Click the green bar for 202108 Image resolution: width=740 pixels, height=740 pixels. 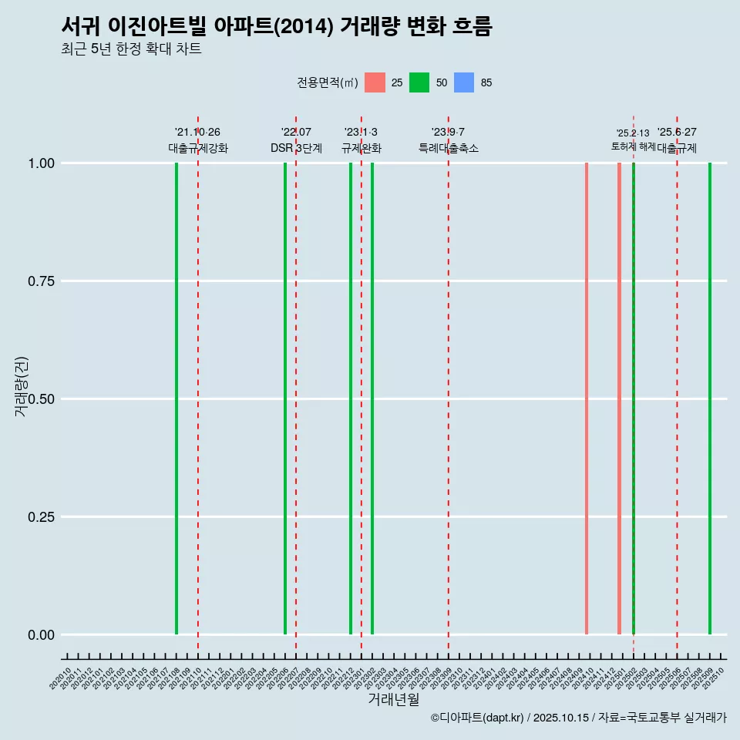[x=177, y=399]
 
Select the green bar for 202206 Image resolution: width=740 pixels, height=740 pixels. [x=285, y=399]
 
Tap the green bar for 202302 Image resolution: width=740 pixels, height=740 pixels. [x=372, y=399]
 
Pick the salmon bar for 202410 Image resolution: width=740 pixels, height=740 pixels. [x=587, y=399]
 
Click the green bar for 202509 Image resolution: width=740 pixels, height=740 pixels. [x=710, y=399]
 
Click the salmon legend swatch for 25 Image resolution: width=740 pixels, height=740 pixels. [x=375, y=82]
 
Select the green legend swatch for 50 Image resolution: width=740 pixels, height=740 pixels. [x=419, y=82]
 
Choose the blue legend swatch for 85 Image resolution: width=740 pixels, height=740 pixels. [x=464, y=82]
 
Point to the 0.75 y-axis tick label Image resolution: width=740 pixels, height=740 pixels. [x=40, y=281]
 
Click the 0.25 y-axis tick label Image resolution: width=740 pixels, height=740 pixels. [x=40, y=517]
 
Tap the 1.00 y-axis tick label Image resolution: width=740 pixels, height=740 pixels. [x=40, y=163]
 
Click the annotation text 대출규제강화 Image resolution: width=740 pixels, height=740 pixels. [x=198, y=148]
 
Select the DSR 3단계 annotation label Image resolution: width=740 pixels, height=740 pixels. [x=296, y=148]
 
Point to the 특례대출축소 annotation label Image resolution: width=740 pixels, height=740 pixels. [x=449, y=148]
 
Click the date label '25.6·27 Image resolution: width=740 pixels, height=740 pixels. [x=677, y=132]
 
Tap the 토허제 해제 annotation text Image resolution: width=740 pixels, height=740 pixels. [x=633, y=146]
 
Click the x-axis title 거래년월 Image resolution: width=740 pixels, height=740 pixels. [x=393, y=699]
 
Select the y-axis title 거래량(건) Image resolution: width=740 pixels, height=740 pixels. [x=22, y=387]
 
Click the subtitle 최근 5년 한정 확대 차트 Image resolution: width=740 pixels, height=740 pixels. [x=131, y=49]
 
